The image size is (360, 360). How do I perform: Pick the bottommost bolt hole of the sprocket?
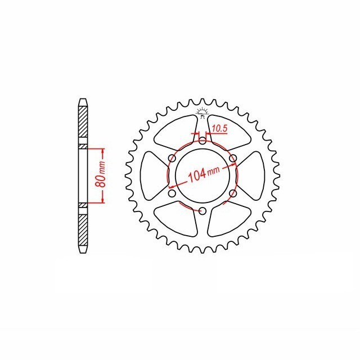point(202,211)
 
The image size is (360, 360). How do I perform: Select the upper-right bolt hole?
point(233,158)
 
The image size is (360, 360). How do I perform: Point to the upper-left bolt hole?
point(172,158)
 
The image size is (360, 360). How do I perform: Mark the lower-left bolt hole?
point(172,193)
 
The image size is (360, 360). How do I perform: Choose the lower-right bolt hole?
point(233,193)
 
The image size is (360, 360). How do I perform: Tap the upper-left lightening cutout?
point(174,132)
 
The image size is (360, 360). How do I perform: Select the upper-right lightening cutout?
point(229,132)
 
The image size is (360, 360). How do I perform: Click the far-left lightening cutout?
point(150,175)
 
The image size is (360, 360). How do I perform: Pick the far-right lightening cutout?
point(254,175)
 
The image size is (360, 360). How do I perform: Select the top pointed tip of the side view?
point(82,101)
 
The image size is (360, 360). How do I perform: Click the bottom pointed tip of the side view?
point(82,251)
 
